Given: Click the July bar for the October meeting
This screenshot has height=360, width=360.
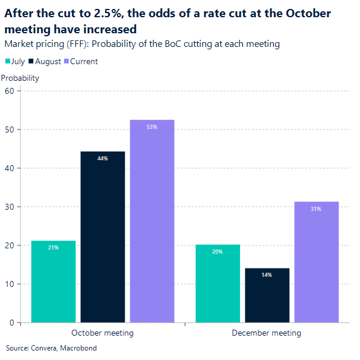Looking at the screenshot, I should (x=53, y=282).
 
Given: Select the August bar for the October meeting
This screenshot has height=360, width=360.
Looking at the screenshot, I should (x=103, y=237).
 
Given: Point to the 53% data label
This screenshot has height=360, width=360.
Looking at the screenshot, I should (x=152, y=127).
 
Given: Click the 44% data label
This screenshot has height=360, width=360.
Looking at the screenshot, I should (x=103, y=159).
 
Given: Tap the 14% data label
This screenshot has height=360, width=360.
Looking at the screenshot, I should (x=267, y=275).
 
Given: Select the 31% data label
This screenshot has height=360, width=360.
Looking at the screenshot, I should (x=316, y=209).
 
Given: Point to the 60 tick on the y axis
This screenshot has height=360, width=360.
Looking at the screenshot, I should (x=9, y=91).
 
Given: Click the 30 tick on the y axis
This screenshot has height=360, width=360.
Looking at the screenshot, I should (x=9, y=207).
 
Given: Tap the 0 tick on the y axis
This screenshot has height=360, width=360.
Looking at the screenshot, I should (x=11, y=323).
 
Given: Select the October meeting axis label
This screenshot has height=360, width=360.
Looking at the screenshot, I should (x=102, y=333).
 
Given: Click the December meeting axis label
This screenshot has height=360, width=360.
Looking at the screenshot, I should (x=266, y=333).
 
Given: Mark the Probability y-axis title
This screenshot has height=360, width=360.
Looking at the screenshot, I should (x=20, y=78).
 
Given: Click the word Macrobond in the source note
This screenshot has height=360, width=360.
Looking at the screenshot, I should (x=79, y=348).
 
